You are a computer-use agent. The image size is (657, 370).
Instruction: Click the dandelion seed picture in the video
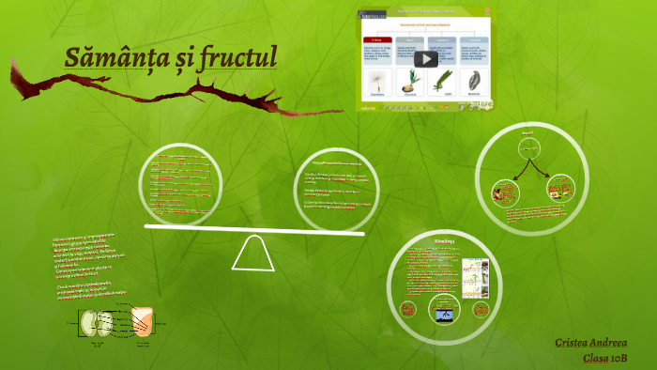pos(378,81)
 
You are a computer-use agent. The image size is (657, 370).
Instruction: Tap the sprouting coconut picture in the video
pos(409,81)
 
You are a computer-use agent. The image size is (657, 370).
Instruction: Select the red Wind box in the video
pos(377,40)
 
